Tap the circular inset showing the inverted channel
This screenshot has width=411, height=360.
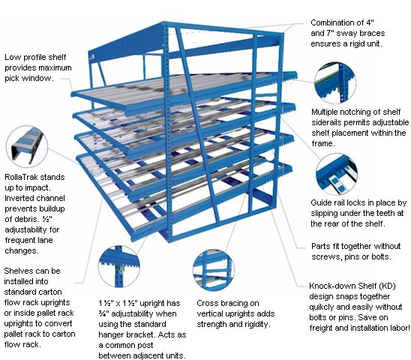click(x=27, y=146)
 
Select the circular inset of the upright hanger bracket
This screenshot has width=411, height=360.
click(x=119, y=266)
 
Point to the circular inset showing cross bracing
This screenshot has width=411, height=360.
click(x=213, y=270)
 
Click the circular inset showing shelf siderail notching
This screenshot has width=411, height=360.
click(x=335, y=82)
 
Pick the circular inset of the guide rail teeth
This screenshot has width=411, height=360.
click(x=337, y=174)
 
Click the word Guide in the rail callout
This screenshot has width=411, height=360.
click(x=320, y=202)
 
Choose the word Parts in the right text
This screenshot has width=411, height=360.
click(x=320, y=246)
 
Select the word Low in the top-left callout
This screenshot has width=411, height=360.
click(x=11, y=57)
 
